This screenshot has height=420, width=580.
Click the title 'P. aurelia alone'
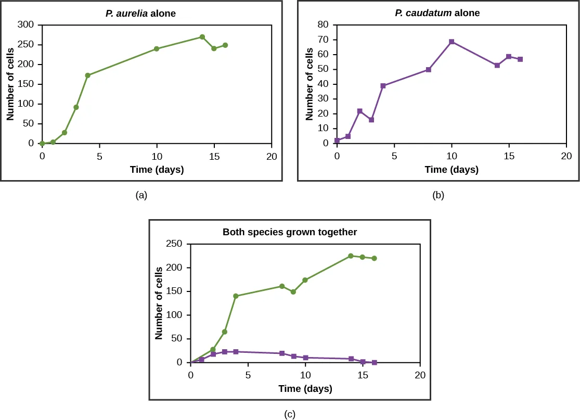coord(141,14)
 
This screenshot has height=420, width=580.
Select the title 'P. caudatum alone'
coord(437,13)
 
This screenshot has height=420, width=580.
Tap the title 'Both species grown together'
coord(290,232)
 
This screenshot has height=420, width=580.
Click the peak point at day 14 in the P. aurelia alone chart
coord(202,37)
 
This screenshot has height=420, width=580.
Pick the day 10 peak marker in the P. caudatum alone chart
coord(452,42)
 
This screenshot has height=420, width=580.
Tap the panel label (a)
coord(141,195)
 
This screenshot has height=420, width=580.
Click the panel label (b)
coord(438,195)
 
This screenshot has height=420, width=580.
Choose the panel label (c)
coord(290,414)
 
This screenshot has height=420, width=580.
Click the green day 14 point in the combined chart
coord(351,256)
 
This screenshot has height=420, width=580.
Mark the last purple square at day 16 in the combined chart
coord(374,362)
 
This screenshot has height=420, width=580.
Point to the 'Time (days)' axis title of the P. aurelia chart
coord(157,170)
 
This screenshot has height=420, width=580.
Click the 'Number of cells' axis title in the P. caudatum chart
coord(310,84)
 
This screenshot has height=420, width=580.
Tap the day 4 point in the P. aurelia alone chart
coord(88,75)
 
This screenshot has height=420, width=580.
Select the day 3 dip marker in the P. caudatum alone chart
coord(371,120)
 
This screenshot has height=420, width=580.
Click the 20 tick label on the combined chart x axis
coord(420,375)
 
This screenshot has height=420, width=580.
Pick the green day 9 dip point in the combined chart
coord(293,292)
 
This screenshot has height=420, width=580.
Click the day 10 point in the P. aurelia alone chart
coord(157,49)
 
